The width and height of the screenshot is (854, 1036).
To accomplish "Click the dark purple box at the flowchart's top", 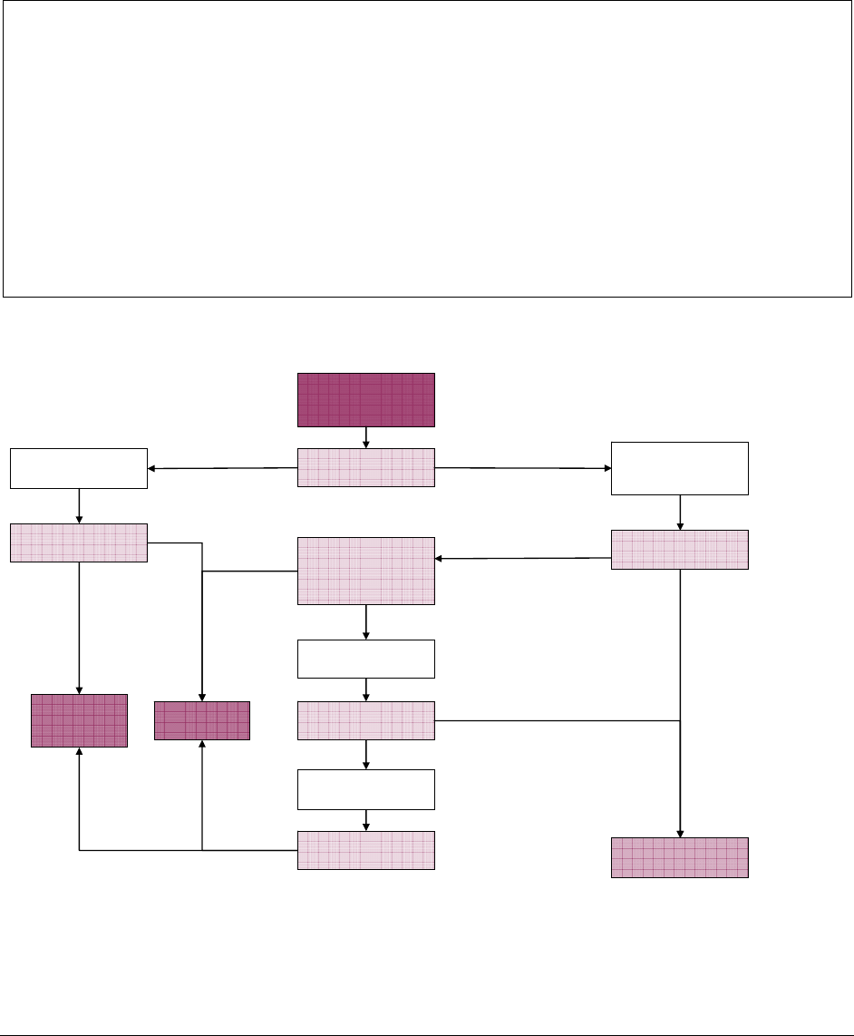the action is pyautogui.click(x=366, y=399).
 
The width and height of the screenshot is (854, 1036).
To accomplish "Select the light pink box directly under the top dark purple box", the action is pyautogui.click(x=366, y=467).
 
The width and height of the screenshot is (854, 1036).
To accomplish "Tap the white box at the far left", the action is pyautogui.click(x=78, y=468).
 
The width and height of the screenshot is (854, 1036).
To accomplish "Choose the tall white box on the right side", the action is pyautogui.click(x=680, y=468).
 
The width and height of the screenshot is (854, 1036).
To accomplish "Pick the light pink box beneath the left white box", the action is pyautogui.click(x=78, y=542).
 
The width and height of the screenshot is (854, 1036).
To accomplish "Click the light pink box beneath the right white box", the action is pyautogui.click(x=680, y=550).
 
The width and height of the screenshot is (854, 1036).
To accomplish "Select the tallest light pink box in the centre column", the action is pyautogui.click(x=366, y=571).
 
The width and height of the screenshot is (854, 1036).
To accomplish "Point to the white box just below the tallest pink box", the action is pyautogui.click(x=366, y=659).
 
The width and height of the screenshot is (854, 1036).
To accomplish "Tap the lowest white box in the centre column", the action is pyautogui.click(x=366, y=789).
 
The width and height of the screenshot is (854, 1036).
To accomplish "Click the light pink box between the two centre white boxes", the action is pyautogui.click(x=366, y=720).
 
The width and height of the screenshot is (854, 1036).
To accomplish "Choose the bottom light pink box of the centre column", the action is pyautogui.click(x=366, y=850).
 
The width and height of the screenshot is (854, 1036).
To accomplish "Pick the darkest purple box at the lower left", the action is pyautogui.click(x=79, y=720).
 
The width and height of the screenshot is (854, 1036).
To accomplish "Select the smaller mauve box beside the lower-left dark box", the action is pyautogui.click(x=201, y=720).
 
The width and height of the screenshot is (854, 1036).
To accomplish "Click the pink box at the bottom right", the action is pyautogui.click(x=680, y=857).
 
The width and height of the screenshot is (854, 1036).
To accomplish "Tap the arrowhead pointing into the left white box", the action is pyautogui.click(x=152, y=469).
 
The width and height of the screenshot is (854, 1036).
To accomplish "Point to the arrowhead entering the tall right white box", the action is pyautogui.click(x=607, y=468).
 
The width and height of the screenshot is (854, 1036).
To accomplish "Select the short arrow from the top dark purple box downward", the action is pyautogui.click(x=365, y=437).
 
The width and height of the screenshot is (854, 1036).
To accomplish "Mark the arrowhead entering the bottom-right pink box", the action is pyautogui.click(x=680, y=833).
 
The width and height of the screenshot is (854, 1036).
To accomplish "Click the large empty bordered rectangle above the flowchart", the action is pyautogui.click(x=426, y=149).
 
